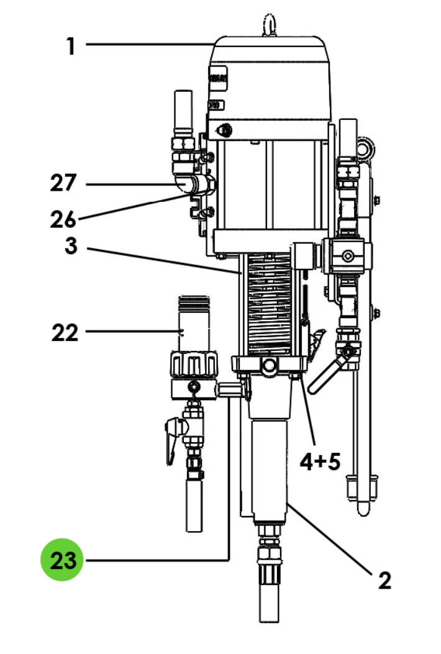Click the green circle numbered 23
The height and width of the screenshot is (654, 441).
click(61, 560)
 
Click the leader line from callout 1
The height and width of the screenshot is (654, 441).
click(149, 44)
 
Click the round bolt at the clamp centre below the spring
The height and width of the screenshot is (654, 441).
click(270, 367)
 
